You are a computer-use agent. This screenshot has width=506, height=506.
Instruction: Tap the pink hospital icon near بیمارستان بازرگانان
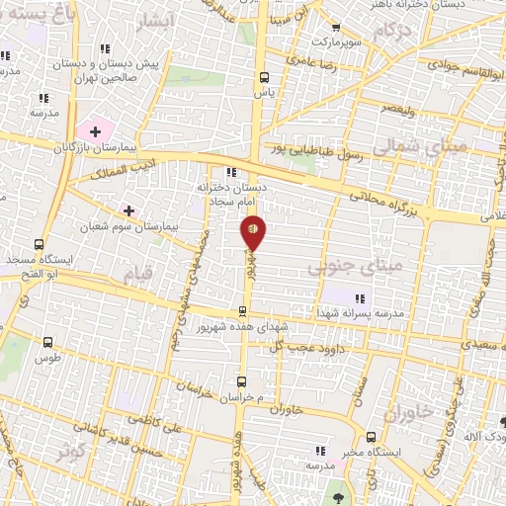click(95, 130)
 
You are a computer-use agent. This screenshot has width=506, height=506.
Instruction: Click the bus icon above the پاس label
click(262, 76)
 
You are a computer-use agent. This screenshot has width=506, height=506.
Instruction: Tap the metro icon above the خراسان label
click(240, 379)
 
